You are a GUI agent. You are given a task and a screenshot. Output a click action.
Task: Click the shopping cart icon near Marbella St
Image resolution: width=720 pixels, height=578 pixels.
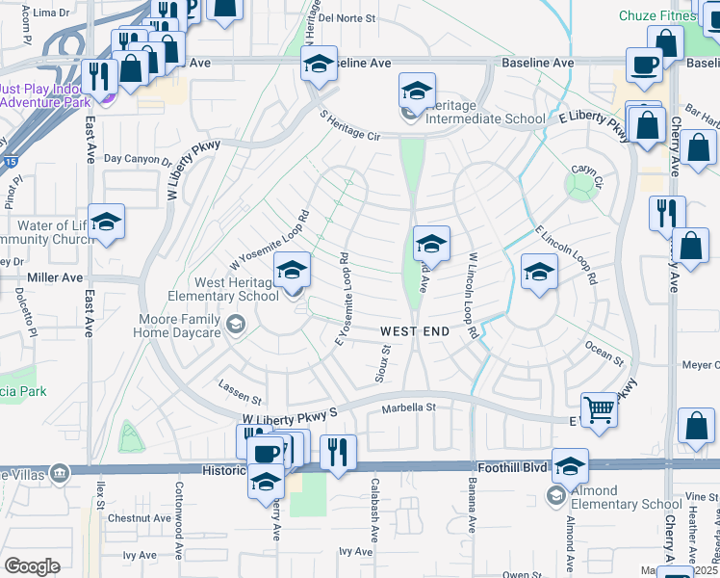(x=599, y=409)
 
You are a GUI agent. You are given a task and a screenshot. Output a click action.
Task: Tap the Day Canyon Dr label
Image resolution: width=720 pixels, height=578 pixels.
(x=137, y=159)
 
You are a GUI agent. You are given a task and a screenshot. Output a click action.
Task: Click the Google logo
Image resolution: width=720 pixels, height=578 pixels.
(x=32, y=566)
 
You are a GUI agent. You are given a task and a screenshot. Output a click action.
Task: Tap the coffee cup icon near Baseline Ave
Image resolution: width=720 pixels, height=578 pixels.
(x=644, y=66)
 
